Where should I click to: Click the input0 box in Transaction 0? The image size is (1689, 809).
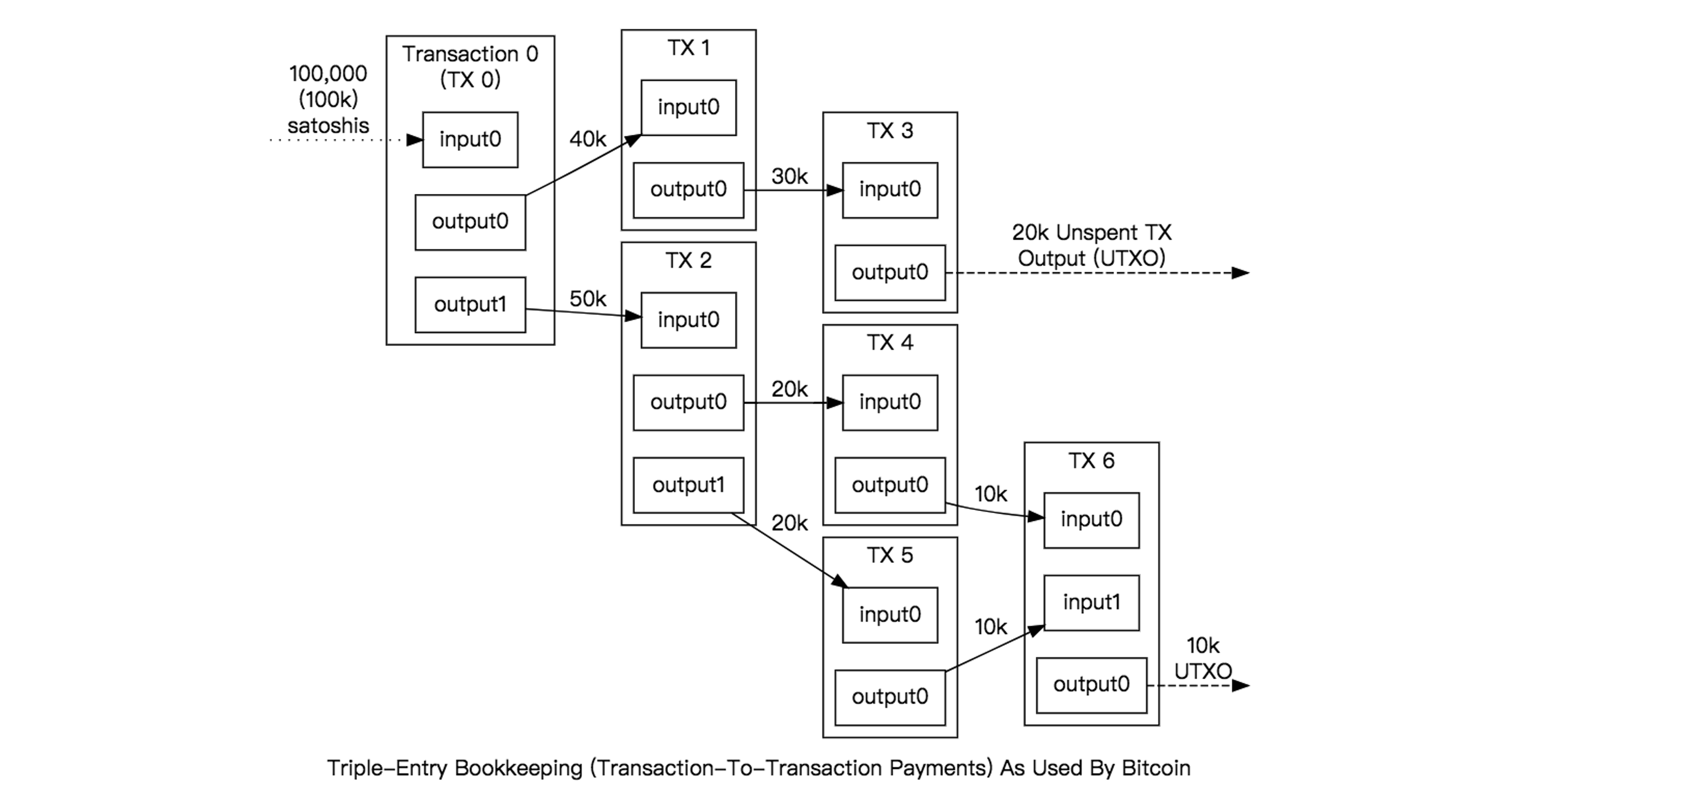tap(470, 140)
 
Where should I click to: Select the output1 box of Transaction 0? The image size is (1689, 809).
tap(470, 304)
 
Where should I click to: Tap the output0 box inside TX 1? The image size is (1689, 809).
tap(688, 190)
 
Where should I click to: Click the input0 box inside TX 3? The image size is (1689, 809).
tap(890, 190)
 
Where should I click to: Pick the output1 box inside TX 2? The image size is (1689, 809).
tap(688, 485)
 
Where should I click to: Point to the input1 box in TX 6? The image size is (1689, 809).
tap(1091, 602)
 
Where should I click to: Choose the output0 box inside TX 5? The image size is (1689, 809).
tap(890, 697)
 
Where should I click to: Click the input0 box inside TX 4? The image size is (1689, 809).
tap(890, 402)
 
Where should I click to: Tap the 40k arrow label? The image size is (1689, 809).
tap(587, 139)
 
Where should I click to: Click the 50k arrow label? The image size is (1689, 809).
tap(587, 299)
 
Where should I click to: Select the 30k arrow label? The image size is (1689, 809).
tap(789, 177)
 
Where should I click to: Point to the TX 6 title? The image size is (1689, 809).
tap(1091, 461)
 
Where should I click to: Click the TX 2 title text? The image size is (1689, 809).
tap(688, 260)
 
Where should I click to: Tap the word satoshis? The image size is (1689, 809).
tap(328, 126)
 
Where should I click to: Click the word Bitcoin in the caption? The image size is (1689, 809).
tap(1155, 768)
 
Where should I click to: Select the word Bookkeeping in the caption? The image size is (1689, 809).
tap(518, 768)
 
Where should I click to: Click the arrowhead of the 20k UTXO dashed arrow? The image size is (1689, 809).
tap(1241, 273)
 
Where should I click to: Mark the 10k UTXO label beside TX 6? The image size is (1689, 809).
tap(1202, 659)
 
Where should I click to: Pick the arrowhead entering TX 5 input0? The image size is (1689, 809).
tap(840, 581)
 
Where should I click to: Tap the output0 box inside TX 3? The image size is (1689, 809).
tap(890, 272)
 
